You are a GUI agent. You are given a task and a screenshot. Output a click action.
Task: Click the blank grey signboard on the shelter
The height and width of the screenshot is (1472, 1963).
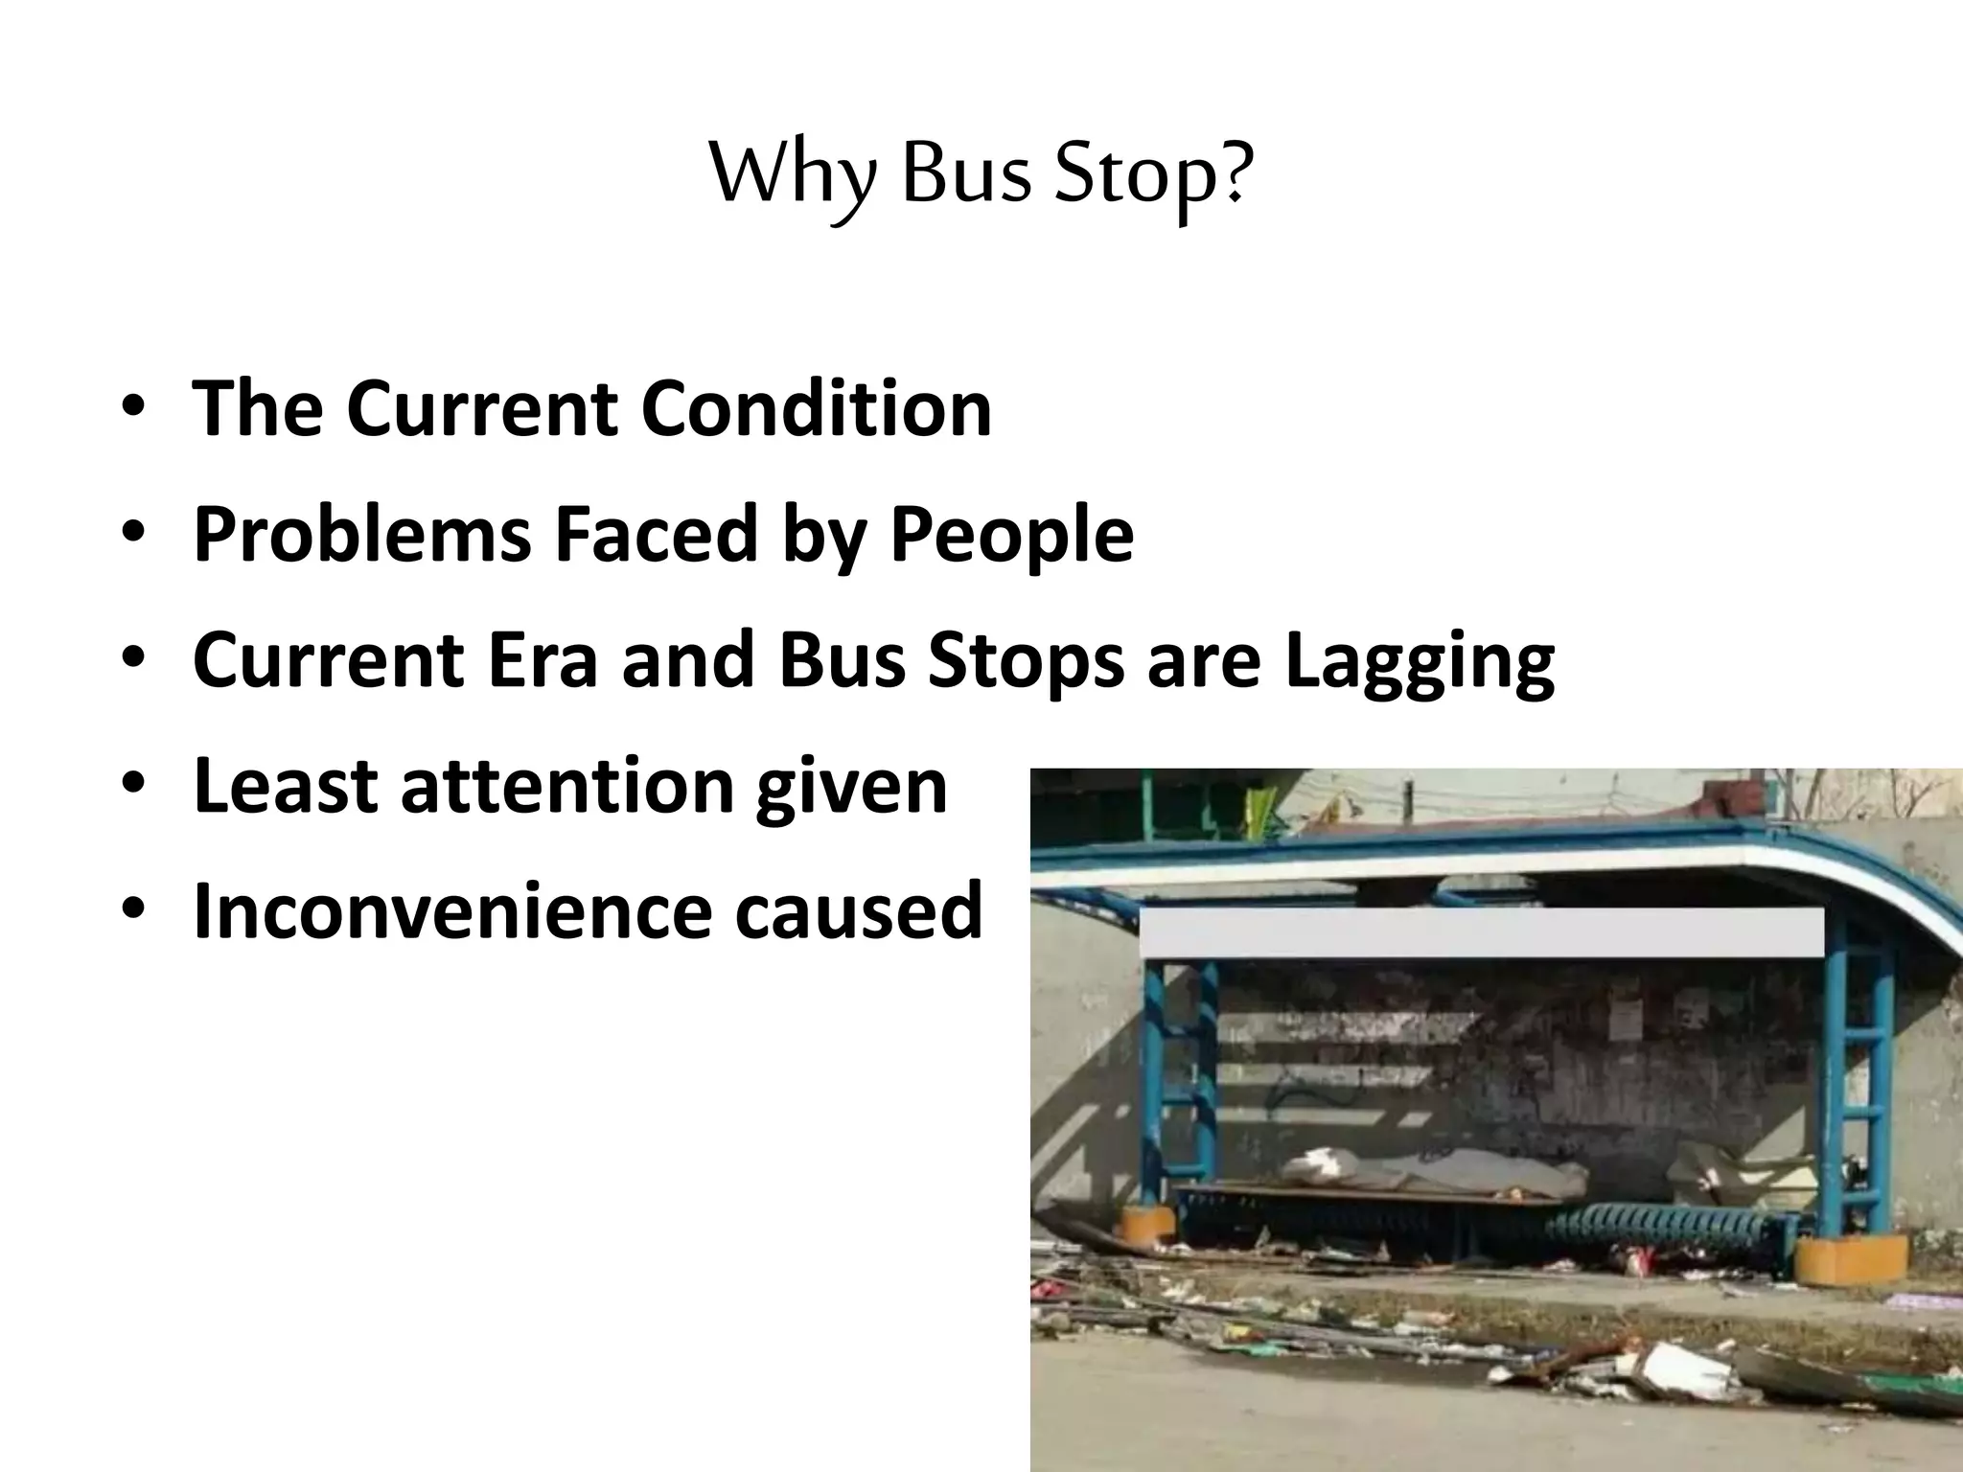pos(1481,931)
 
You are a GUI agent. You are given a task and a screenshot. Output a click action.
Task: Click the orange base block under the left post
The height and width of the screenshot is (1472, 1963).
pos(1146,1226)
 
